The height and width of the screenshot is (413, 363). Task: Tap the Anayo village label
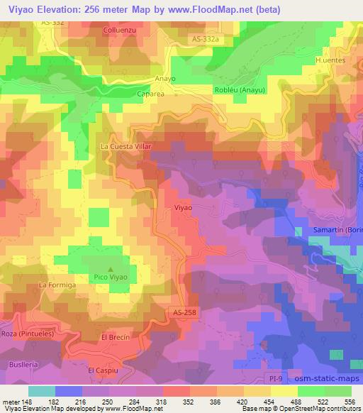click(x=164, y=79)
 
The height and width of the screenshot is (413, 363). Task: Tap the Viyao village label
click(x=183, y=208)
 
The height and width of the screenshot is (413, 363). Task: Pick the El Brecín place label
click(x=116, y=337)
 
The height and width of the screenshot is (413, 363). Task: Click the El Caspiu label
click(x=101, y=370)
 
